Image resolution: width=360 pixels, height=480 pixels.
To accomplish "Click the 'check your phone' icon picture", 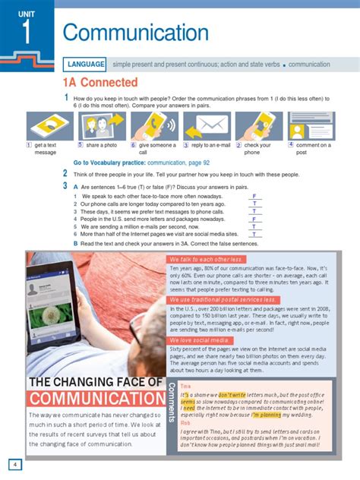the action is click(x=258, y=125).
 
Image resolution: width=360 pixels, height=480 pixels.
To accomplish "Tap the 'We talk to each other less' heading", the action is click(x=207, y=261).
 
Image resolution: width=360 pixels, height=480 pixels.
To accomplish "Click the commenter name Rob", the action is click(x=185, y=423).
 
